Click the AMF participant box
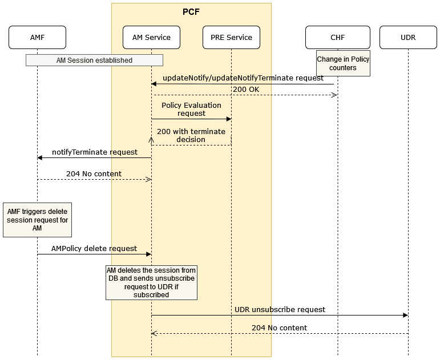click(37, 38)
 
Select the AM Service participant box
click(151, 38)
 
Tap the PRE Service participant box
click(231, 38)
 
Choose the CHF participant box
click(337, 38)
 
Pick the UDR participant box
click(408, 38)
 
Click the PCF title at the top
click(191, 11)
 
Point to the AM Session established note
click(94, 60)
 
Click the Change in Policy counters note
click(343, 63)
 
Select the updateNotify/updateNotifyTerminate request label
click(243, 78)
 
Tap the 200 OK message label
click(246, 89)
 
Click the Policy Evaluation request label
click(191, 110)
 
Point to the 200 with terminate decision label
click(191, 135)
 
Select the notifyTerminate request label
click(95, 152)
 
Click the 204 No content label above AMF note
click(94, 173)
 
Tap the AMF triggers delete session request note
click(37, 220)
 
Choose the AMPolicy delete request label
click(94, 249)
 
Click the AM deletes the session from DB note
click(151, 282)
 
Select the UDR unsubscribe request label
click(280, 309)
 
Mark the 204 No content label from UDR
click(279, 328)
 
